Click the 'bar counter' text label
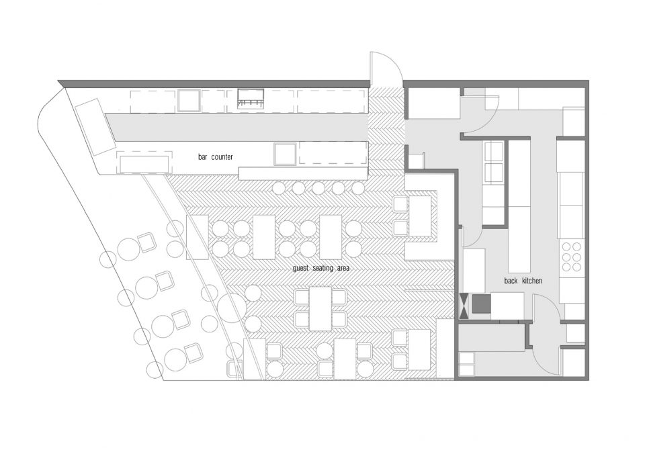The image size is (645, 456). (x=215, y=157)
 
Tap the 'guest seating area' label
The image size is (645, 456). (x=321, y=268)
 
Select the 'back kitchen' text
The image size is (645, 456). (x=523, y=281)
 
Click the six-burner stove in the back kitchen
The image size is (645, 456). (x=572, y=257)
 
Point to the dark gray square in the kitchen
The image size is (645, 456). (x=481, y=304)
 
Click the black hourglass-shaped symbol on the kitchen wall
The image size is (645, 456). (x=464, y=306)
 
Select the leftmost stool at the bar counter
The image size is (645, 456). (x=278, y=188)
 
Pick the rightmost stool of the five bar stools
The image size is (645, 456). (x=358, y=188)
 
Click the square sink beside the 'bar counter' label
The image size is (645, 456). (x=285, y=153)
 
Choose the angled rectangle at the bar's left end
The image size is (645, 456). (x=95, y=127)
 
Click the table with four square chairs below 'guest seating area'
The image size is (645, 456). (x=320, y=308)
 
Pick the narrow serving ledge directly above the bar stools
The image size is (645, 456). (x=303, y=173)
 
